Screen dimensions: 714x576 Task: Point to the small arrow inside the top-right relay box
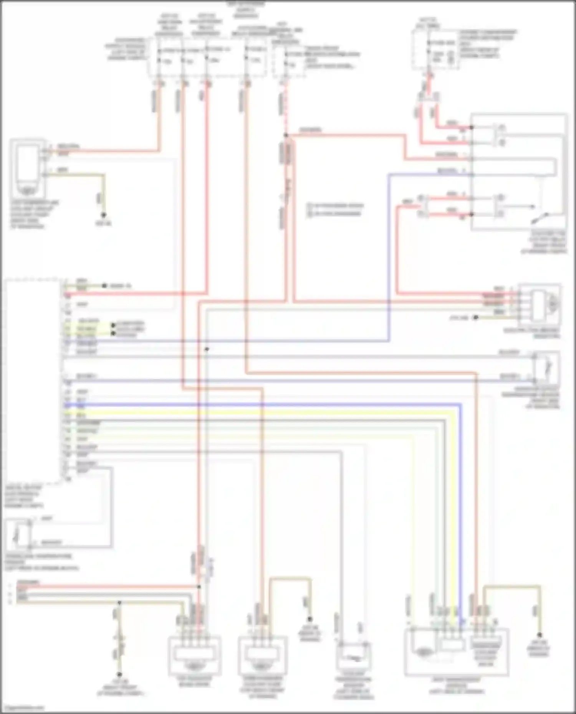pos(532,206)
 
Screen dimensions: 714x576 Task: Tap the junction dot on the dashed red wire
pos(286,135)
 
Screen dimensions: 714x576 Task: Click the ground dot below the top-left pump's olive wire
pos(103,215)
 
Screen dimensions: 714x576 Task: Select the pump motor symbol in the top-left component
pos(26,190)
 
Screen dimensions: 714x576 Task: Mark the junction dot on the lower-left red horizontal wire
pos(199,587)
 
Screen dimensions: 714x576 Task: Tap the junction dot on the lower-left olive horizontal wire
pos(119,603)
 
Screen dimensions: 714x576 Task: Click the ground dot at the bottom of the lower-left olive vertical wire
pos(119,674)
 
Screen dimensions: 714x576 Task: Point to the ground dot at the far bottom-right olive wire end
pos(539,635)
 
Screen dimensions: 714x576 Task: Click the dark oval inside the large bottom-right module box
pos(422,651)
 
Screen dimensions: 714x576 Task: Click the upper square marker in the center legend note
pos(310,206)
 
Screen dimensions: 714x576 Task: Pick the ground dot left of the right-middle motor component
pos(476,317)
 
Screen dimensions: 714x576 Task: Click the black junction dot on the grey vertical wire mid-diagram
pos(207,349)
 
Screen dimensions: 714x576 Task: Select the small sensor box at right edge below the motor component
pos(546,367)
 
